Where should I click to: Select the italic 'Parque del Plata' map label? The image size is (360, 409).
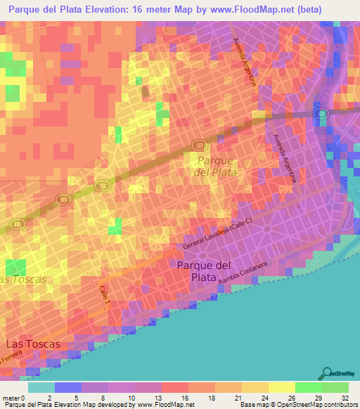(x=214, y=165)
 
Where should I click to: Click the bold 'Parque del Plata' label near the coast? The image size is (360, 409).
(x=203, y=271)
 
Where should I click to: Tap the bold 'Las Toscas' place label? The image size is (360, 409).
(x=33, y=344)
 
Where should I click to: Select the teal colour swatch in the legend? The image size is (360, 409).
(x=41, y=387)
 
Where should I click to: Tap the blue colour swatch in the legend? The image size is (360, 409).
(x=67, y=387)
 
